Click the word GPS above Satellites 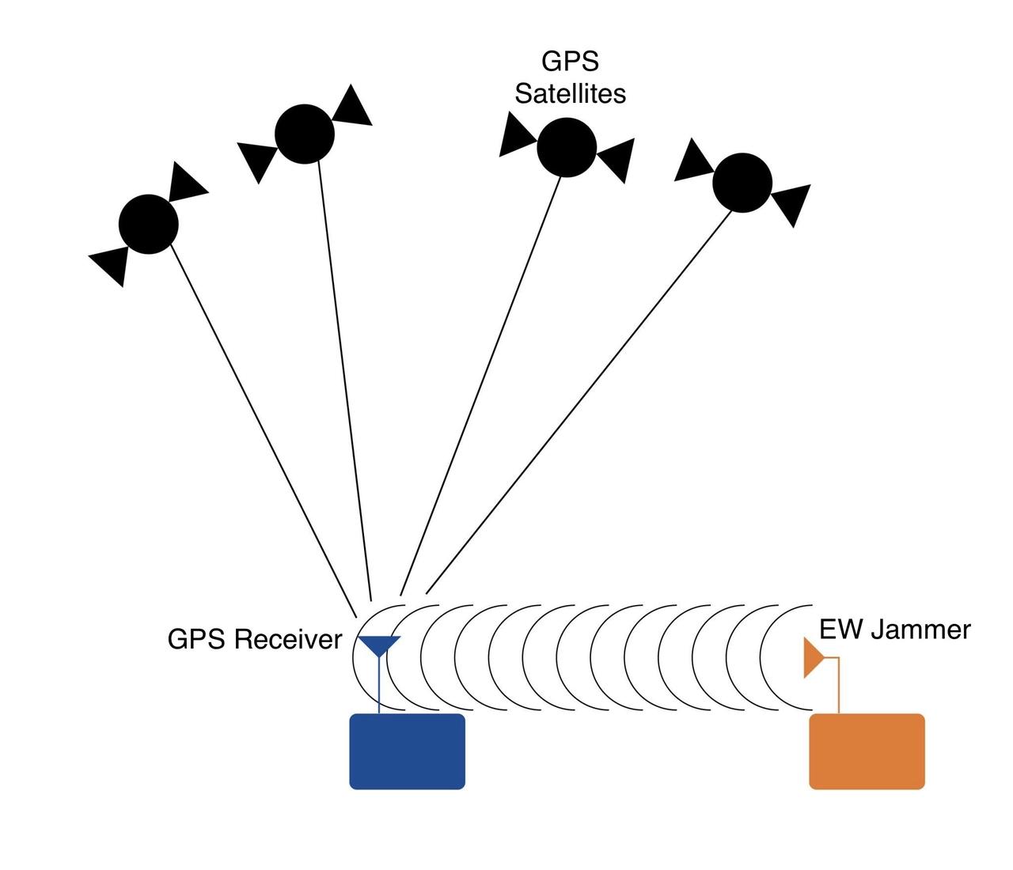point(570,62)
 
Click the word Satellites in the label point(570,93)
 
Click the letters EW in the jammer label point(841,630)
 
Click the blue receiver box point(407,751)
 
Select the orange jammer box point(867,751)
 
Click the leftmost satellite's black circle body point(149,224)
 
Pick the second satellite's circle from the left point(305,134)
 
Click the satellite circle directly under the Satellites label point(566,147)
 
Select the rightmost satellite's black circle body point(742,183)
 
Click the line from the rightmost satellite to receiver point(578,403)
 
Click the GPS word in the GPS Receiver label point(193,639)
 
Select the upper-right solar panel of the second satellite point(351,105)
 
